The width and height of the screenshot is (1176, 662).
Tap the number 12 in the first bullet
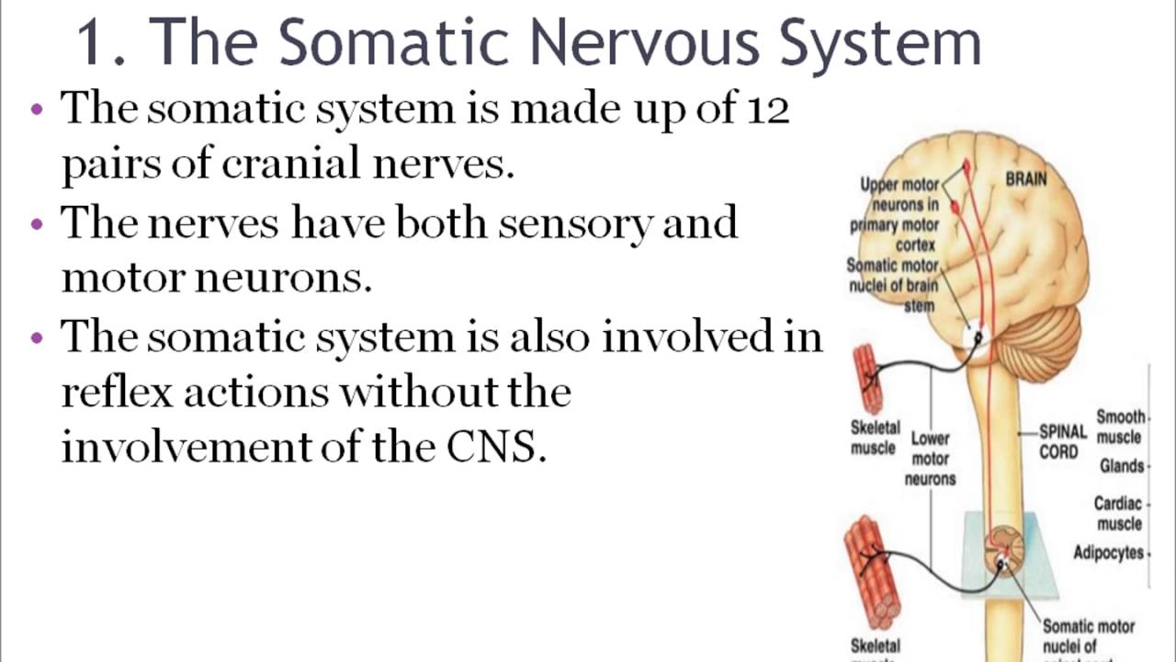pos(767,110)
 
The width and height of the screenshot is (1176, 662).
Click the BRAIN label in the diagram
pos(1025,178)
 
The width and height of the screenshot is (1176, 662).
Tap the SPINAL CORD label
pos(1062,441)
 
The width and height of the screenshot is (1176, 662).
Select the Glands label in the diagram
pos(1122,466)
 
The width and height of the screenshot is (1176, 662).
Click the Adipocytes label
pos(1109,553)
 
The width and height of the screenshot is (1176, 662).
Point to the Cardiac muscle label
pos(1117,513)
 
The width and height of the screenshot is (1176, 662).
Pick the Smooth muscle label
pos(1119,427)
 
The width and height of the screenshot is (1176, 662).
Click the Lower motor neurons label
pos(930,458)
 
